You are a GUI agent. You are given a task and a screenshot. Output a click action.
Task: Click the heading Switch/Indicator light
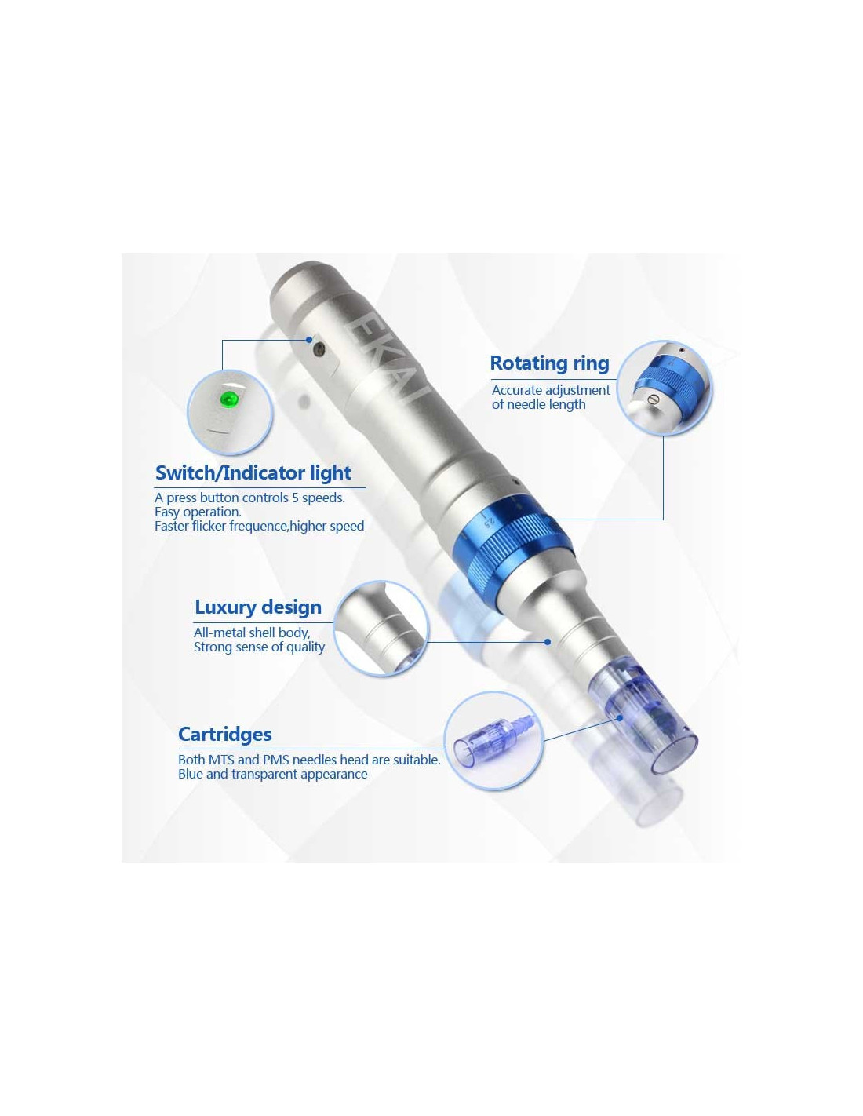pos(253,472)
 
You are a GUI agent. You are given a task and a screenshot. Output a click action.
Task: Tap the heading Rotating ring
pos(549,363)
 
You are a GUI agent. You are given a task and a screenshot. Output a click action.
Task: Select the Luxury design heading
pos(257,607)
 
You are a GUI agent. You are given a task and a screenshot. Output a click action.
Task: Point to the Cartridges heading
pos(225,734)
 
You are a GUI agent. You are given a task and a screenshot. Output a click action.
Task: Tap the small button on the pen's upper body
pos(319,350)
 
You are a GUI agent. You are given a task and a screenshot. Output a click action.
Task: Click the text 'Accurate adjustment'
pos(550,390)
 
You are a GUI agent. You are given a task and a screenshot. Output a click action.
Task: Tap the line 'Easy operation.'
pos(198,512)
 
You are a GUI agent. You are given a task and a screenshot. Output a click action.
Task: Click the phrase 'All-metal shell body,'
pos(252,633)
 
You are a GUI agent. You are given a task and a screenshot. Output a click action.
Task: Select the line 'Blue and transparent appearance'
pos(272,774)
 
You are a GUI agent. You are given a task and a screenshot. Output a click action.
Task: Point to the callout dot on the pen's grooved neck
pos(548,641)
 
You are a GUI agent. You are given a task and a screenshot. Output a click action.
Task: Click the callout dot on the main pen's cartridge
pos(620,718)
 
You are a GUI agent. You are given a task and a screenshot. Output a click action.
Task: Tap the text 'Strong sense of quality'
pos(259,647)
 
